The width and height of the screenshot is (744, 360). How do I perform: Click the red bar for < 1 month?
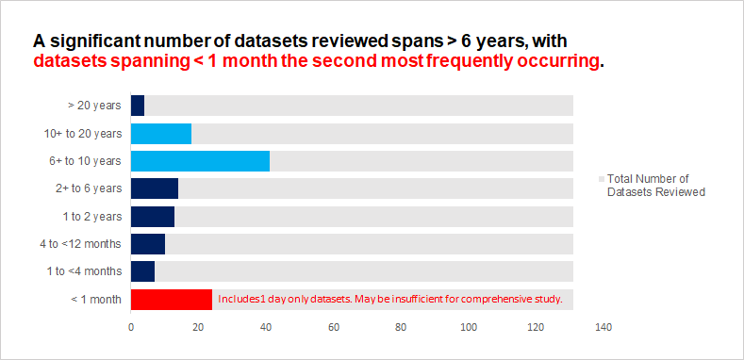[171, 300]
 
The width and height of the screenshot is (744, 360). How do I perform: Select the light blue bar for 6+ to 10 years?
[200, 161]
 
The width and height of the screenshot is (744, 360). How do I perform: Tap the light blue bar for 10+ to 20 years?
[160, 134]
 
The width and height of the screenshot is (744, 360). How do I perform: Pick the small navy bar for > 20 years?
[138, 106]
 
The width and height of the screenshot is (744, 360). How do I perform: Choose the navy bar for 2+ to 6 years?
[154, 188]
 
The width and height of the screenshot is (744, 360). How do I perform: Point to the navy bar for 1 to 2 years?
[152, 217]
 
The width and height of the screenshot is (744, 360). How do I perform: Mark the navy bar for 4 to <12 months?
[147, 244]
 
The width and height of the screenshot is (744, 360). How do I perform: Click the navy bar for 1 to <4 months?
[142, 271]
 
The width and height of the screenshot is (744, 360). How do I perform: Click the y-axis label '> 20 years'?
[94, 106]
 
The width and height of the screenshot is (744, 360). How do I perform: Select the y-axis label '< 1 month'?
[96, 300]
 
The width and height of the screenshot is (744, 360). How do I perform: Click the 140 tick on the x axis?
[603, 328]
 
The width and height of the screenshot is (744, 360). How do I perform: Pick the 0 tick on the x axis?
[131, 328]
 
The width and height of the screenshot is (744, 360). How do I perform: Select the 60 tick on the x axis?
[334, 328]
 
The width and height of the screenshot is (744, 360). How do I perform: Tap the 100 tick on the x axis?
[469, 328]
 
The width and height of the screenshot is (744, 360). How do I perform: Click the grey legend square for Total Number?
[602, 179]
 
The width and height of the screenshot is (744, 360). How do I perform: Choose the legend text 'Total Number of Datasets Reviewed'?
[656, 185]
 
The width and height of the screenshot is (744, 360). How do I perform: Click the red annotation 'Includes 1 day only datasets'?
[389, 300]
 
